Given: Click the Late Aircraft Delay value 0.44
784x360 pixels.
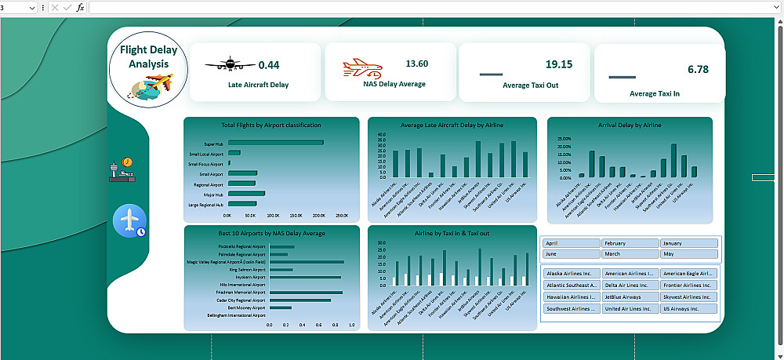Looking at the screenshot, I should coord(269,65).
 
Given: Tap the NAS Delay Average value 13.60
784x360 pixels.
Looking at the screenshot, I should coord(416,64).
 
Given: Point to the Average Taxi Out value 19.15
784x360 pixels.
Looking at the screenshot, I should coord(559,64).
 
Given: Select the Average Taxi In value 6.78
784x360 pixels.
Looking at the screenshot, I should coord(698,69).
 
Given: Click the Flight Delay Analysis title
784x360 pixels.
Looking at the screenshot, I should coord(149,56).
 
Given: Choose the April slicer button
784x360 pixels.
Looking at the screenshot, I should coord(571,243).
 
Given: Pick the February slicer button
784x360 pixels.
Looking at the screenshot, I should coord(630,243).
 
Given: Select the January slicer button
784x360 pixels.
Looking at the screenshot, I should coord(688,243).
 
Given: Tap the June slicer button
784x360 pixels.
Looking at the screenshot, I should coord(571,254).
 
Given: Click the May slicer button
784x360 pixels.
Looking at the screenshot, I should coord(688,254).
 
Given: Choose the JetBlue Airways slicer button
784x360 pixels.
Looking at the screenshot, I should coord(630,297).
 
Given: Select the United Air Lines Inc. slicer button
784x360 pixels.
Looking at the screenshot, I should coord(630,309).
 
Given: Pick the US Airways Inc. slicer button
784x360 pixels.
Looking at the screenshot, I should coord(688,309).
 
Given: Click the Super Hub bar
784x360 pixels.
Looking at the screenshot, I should coord(275,143).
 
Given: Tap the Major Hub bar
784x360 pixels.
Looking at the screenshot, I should coord(246,193).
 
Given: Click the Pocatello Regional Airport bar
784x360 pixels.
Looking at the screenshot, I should coord(281,247).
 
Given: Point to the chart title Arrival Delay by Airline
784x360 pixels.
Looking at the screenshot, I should coord(630,125).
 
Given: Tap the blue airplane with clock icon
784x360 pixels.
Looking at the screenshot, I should coord(129,221).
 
